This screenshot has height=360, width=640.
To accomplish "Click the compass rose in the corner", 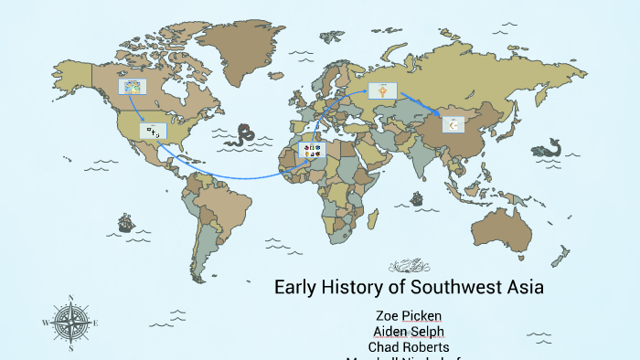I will coord(70,323).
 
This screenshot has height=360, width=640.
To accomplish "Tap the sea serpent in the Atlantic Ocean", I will coord(243,135).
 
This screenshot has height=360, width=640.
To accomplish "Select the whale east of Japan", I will coord(550,146).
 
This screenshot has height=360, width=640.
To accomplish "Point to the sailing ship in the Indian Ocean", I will coord(417,197).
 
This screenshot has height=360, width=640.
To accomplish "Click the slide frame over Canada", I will coord(132,88).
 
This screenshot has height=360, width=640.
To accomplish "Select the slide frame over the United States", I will coord(153,132).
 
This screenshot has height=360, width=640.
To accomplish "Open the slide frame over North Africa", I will coord(311,149).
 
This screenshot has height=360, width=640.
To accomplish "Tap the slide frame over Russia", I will coord(382,90).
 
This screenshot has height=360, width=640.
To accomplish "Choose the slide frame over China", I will coord(453,124).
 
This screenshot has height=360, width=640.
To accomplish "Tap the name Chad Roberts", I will coord(408,347).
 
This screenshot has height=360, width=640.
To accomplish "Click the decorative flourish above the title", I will coord(408,266).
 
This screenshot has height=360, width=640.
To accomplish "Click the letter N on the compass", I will coord(70,297).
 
